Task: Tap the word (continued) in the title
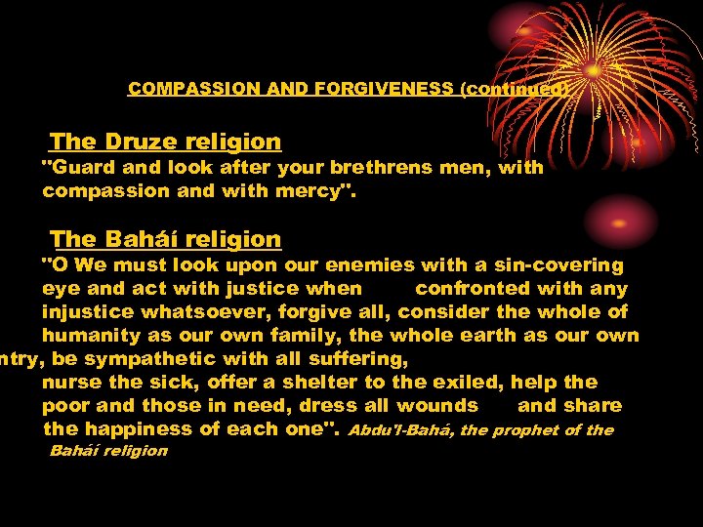pyautogui.click(x=515, y=88)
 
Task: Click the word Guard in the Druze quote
pyautogui.click(x=77, y=167)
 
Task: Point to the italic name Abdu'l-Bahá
pyautogui.click(x=400, y=429)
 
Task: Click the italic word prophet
pyautogui.click(x=526, y=429)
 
